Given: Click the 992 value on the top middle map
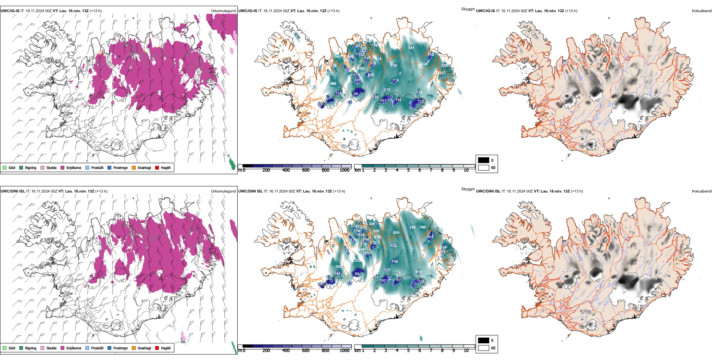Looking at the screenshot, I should [x=338, y=57].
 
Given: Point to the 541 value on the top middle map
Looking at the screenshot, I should [x=411, y=48].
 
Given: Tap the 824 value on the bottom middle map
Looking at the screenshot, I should [x=396, y=233].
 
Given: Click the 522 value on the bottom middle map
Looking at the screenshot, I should [x=338, y=267].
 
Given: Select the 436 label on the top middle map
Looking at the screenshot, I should [x=424, y=64].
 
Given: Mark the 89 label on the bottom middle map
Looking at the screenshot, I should [x=357, y=274].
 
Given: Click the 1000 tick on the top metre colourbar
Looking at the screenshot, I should [x=344, y=171].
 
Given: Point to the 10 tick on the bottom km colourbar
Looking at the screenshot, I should [x=466, y=351].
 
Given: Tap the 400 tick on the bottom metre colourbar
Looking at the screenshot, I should [x=286, y=351].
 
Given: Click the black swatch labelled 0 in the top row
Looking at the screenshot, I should [x=484, y=160].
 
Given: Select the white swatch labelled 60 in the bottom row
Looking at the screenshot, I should [x=484, y=348].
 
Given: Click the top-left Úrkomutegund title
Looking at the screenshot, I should [x=223, y=11].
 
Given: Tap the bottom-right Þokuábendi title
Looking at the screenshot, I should [x=702, y=191].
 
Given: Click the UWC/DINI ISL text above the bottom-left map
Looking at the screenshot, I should [x=13, y=191].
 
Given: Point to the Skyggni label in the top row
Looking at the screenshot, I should [x=468, y=9].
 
